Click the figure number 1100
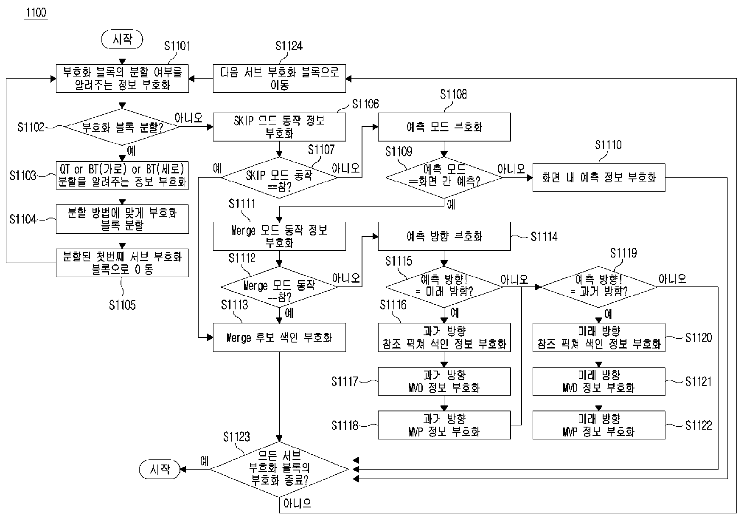pos(36,12)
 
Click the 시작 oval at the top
pos(122,40)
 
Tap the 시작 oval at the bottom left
pos(160,469)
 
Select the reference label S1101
pos(177,46)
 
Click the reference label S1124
pos(289,46)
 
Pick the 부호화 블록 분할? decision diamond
pos(122,127)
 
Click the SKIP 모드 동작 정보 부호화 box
pos(279,127)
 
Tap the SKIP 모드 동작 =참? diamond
pos(279,177)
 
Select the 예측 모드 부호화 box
pos(444,127)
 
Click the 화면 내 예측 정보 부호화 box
pos(599,177)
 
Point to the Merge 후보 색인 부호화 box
pos(279,337)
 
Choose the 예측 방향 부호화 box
pos(444,236)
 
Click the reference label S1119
pos(623,253)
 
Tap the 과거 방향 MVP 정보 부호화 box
pos(444,425)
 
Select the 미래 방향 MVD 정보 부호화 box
pos(599,381)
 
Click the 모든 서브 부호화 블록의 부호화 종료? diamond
pos(279,469)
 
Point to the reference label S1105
pos(122,305)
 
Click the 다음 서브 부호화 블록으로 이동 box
pos(279,79)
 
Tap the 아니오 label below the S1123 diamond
pos(297,504)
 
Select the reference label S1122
pos(699,425)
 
